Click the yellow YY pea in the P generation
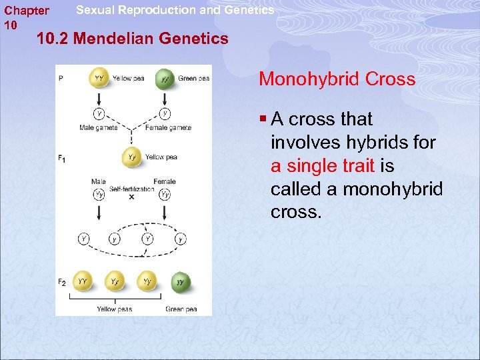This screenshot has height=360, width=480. click(x=99, y=79)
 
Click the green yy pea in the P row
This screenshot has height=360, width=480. click(x=165, y=79)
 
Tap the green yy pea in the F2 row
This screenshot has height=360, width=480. click(x=180, y=282)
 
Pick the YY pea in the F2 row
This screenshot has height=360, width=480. click(x=83, y=282)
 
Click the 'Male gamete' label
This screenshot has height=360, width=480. click(x=98, y=127)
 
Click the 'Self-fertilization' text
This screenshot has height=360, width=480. click(x=131, y=189)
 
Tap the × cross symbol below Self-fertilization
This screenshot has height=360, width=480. click(x=131, y=197)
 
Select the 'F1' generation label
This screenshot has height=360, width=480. click(x=61, y=158)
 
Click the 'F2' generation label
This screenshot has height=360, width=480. click(x=61, y=283)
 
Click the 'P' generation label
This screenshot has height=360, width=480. click(x=61, y=78)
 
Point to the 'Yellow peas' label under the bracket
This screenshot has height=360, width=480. click(x=115, y=309)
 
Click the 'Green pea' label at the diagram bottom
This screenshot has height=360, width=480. click(x=180, y=309)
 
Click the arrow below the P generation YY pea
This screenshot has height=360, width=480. click(x=99, y=98)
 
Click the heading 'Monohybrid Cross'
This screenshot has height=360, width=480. click(x=337, y=79)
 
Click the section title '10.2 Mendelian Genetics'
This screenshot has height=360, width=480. click(x=133, y=39)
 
